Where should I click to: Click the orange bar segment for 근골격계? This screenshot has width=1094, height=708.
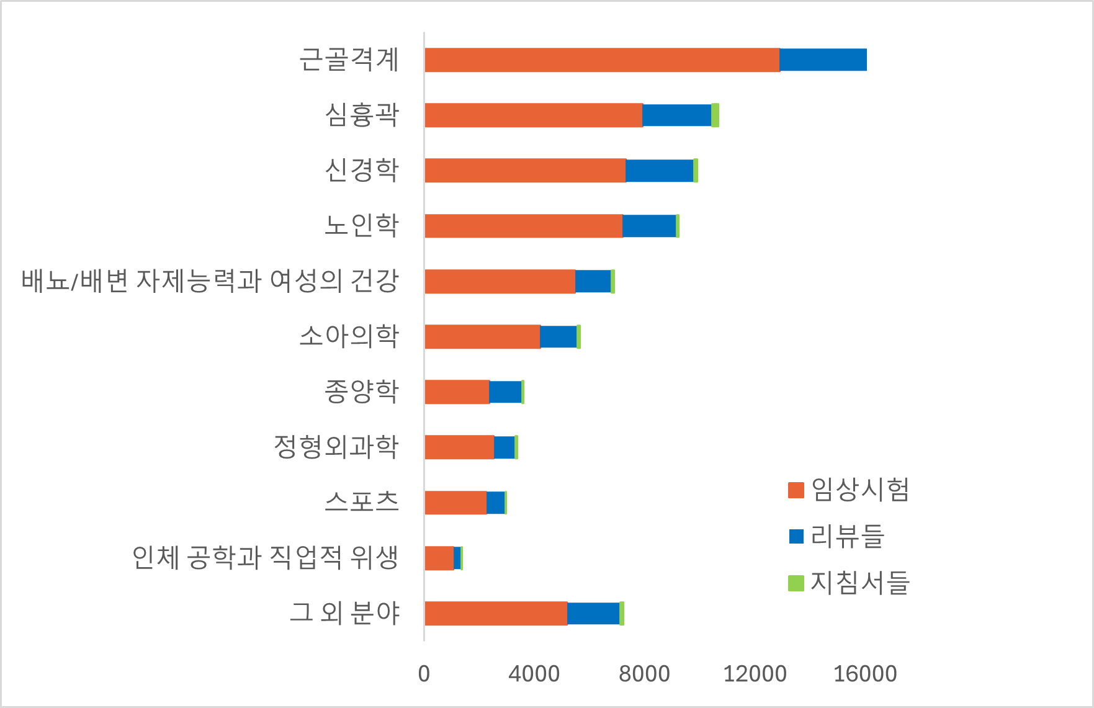(x=602, y=60)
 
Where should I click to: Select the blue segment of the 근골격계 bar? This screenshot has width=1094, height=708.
(x=823, y=60)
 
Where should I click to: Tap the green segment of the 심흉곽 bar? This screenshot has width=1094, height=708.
(x=715, y=115)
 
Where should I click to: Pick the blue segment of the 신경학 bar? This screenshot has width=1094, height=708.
(x=659, y=171)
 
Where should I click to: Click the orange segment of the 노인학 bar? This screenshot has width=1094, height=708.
(x=524, y=226)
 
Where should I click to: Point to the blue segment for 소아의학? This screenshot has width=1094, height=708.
(x=558, y=336)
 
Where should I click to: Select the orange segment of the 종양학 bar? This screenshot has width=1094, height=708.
(x=457, y=392)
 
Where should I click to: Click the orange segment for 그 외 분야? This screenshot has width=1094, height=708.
(x=496, y=613)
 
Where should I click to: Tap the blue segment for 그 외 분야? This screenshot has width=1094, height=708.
(x=593, y=613)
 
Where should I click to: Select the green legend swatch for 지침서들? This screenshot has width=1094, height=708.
(x=796, y=583)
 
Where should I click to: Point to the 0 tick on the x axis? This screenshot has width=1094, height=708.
(x=424, y=674)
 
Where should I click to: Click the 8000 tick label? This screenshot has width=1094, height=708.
(x=644, y=674)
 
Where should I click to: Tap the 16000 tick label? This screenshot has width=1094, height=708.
(x=865, y=674)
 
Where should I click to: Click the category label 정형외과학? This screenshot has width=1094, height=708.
(x=336, y=447)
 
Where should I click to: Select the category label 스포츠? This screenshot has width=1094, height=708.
(x=362, y=502)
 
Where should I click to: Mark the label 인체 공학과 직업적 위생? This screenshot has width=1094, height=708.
(x=265, y=557)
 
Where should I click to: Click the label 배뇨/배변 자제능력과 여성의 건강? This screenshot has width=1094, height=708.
(x=210, y=281)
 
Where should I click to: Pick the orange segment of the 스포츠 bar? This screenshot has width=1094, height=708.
(x=455, y=503)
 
